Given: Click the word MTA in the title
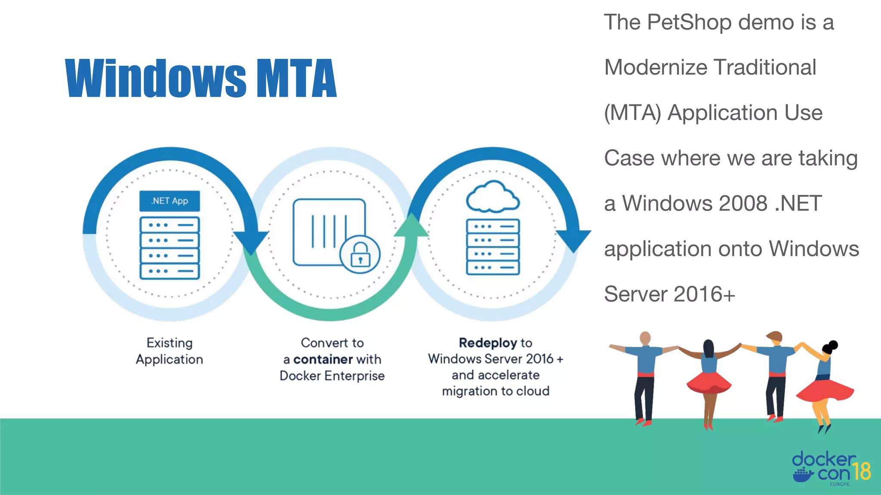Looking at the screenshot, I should [x=296, y=78].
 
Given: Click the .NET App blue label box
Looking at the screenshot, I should [x=169, y=201].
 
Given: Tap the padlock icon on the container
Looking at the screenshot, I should [x=360, y=254].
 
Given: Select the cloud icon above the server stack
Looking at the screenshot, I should [x=493, y=197].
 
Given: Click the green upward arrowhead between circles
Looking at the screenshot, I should [x=411, y=226].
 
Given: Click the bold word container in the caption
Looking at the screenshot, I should [x=323, y=359].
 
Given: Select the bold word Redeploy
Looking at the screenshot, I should [x=488, y=343].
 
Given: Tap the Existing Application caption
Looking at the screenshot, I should [x=169, y=351].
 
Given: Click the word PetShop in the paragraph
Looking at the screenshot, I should [x=689, y=22].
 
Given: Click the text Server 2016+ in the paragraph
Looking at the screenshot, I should [x=669, y=294].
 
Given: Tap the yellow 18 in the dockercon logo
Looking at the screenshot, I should [x=861, y=471].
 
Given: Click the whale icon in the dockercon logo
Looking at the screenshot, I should [x=803, y=475].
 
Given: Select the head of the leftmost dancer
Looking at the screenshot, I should [x=645, y=338].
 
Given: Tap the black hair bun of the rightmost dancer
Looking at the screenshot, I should [x=833, y=345].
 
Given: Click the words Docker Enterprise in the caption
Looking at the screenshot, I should [x=332, y=376].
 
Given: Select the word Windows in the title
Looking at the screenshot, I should [x=156, y=78].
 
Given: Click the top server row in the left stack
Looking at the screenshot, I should [x=169, y=225].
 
